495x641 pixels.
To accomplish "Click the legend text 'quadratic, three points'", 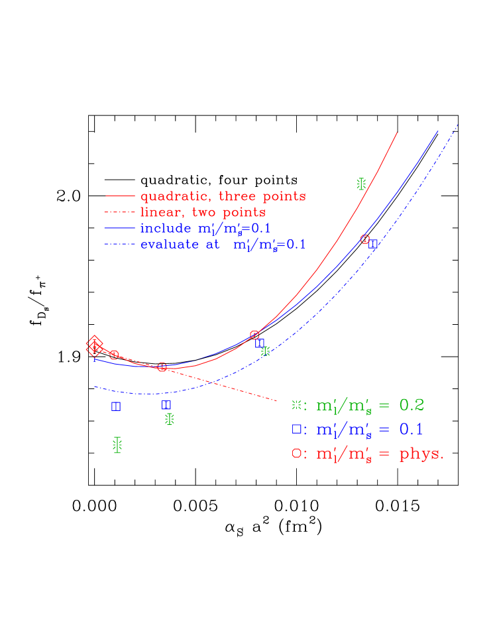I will pyautogui.click(x=223, y=196).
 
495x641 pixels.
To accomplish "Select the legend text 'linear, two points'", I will pyautogui.click(x=203, y=212).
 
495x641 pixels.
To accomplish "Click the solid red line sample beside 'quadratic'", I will pyautogui.click(x=120, y=196).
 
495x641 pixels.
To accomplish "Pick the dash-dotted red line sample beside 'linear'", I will pyautogui.click(x=120, y=212).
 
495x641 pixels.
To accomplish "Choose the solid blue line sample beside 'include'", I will pyautogui.click(x=120, y=228).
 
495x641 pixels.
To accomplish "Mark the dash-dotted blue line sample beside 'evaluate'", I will pyautogui.click(x=120, y=244).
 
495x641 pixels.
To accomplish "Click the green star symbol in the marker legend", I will pyautogui.click(x=296, y=404).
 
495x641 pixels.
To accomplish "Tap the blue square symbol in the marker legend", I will pyautogui.click(x=296, y=429).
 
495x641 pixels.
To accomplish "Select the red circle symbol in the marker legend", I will pyautogui.click(x=296, y=453).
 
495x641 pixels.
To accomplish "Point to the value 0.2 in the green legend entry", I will pyautogui.click(x=411, y=404).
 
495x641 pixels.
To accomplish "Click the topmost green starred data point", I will pyautogui.click(x=361, y=184).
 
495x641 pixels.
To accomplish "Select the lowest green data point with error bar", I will pyautogui.click(x=117, y=445).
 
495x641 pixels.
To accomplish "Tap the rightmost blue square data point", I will pyautogui.click(x=373, y=244).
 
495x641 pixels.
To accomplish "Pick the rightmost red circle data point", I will pyautogui.click(x=364, y=239).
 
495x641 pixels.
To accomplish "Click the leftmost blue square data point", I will pyautogui.click(x=116, y=406).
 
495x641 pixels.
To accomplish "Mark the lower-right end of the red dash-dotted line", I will pyautogui.click(x=276, y=400).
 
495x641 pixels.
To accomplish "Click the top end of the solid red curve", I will pyautogui.click(x=397, y=133).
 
